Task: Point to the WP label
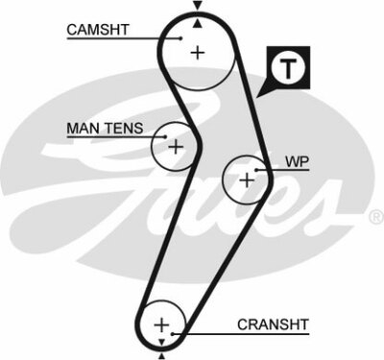[x=297, y=162]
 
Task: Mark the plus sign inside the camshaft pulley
[x=198, y=53]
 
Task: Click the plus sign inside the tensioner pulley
[x=175, y=147]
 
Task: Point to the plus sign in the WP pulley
[x=247, y=179]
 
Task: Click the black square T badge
[x=288, y=66]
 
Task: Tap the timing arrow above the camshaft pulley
[x=198, y=6]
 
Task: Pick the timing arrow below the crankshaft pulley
[x=161, y=343]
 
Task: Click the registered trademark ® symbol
[x=375, y=218]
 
